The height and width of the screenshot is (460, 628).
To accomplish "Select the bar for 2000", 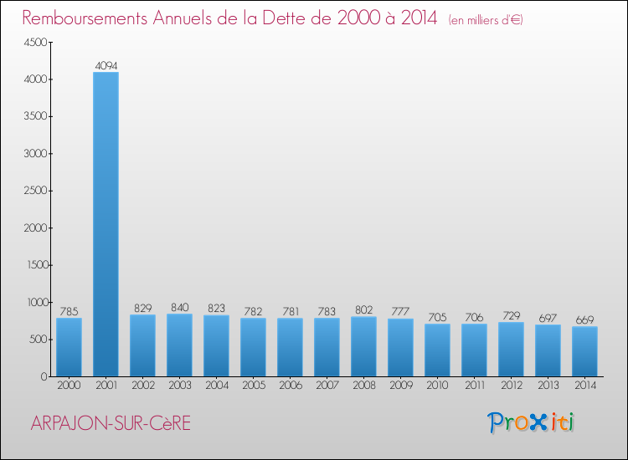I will point(69,347).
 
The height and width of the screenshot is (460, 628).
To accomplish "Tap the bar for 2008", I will point(363,346).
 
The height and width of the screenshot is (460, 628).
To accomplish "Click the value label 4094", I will point(106,64).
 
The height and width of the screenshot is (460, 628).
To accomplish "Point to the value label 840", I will point(179,306).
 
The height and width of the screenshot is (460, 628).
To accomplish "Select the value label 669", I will point(584,319).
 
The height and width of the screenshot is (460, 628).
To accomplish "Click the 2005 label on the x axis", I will point(253,386).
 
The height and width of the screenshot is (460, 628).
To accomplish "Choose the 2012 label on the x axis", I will point(511,386).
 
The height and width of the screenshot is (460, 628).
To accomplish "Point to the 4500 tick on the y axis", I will point(34,43).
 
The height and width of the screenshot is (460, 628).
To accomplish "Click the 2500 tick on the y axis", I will point(34,191).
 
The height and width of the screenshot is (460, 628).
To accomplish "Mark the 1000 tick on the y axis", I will point(34,302).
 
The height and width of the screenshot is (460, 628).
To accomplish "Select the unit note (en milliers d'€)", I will point(486,19).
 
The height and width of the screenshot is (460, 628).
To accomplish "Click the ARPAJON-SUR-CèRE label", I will point(111,423).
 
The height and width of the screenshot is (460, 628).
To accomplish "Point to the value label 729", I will point(511,314).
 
